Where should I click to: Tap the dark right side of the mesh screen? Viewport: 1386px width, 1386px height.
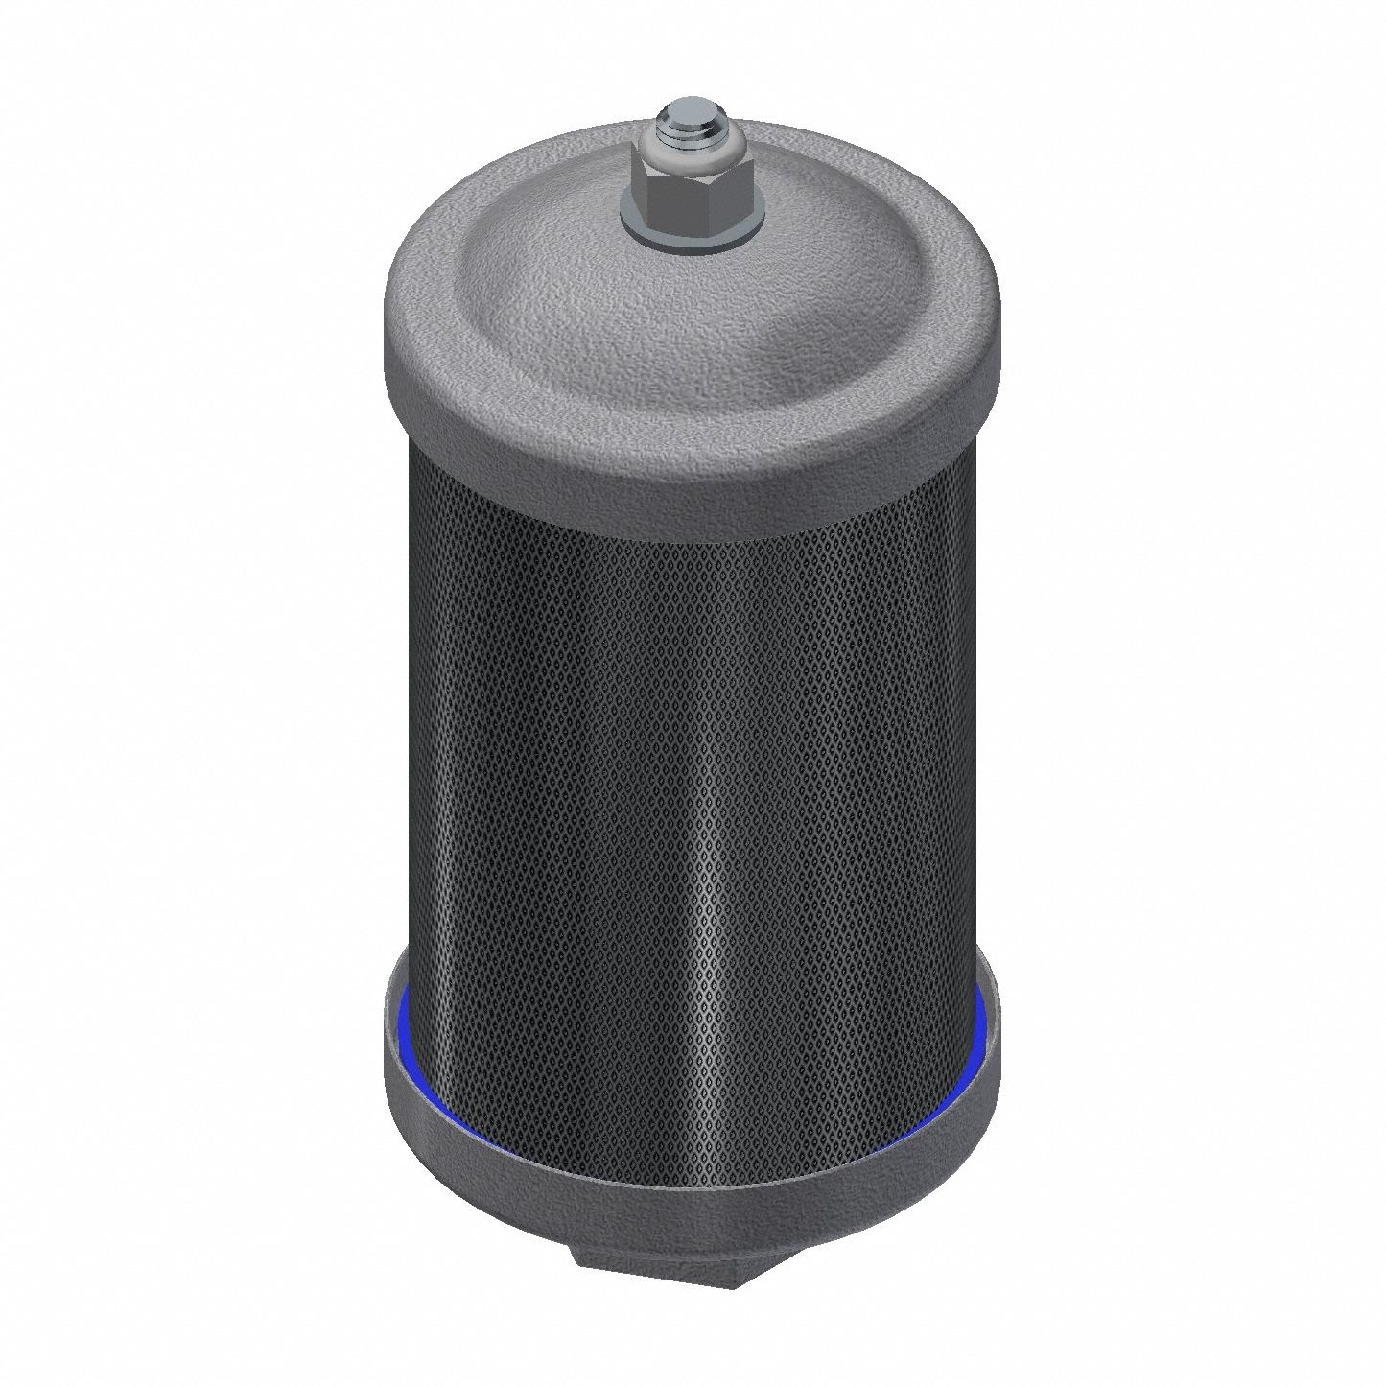(x=940, y=719)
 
